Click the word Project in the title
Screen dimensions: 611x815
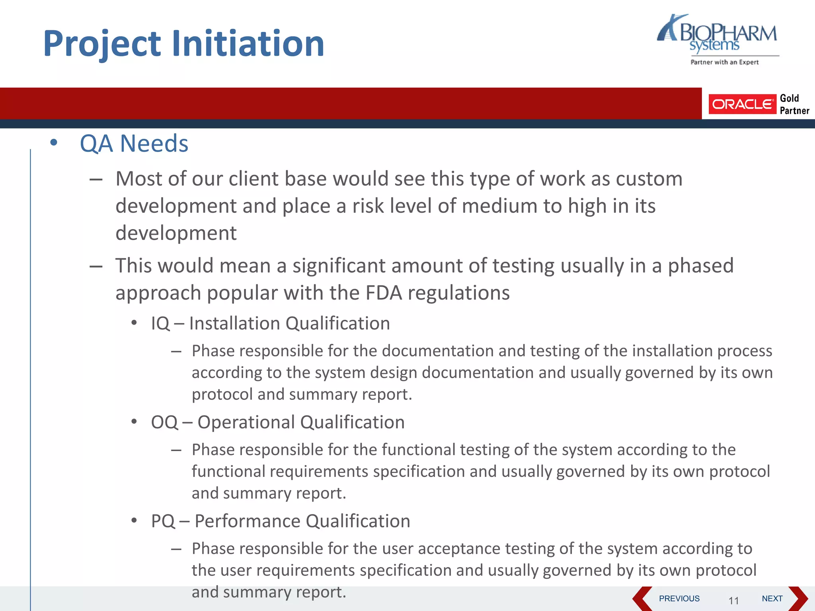click(102, 44)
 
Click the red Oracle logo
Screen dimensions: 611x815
click(742, 104)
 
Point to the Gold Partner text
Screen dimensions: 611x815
click(794, 104)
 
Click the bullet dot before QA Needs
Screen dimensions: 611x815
click(54, 142)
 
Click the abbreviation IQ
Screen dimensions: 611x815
click(160, 323)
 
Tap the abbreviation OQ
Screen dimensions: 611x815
click(164, 422)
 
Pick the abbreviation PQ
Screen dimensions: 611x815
click(163, 521)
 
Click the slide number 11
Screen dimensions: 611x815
click(733, 600)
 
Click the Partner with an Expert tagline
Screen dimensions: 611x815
click(724, 62)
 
